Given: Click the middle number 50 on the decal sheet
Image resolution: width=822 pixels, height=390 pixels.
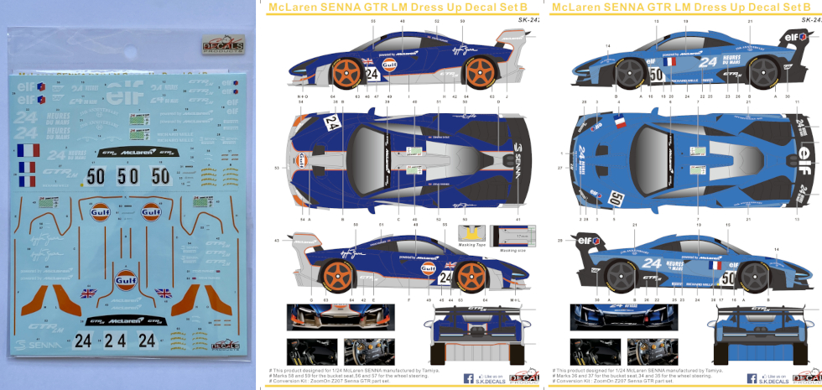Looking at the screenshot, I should tap(127, 177).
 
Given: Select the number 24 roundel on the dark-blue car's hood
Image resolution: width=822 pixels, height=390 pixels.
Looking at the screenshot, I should tap(332, 124).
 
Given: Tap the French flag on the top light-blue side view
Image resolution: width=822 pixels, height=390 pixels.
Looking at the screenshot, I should tap(669, 61).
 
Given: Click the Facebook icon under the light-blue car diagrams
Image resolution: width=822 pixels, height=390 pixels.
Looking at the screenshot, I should tap(752, 379).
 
